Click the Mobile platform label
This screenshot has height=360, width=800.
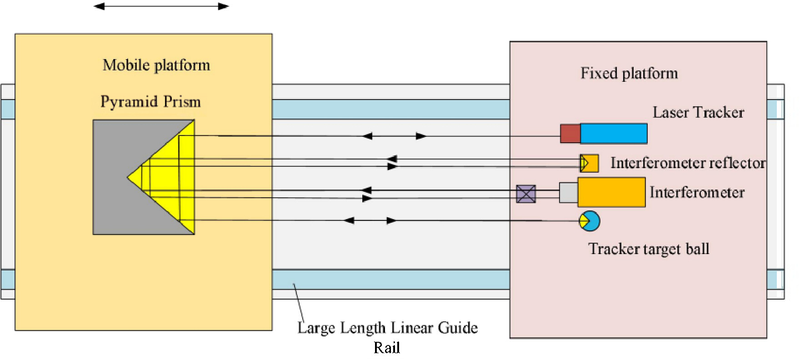pyautogui.click(x=156, y=65)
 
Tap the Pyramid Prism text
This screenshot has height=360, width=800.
pyautogui.click(x=150, y=101)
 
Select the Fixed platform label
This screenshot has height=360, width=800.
pyautogui.click(x=629, y=73)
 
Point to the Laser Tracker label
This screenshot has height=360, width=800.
pyautogui.click(x=698, y=112)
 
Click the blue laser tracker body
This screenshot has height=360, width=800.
pyautogui.click(x=614, y=134)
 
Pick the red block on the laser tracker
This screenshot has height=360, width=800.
pyautogui.click(x=570, y=134)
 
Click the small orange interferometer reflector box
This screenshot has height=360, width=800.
pyautogui.click(x=589, y=163)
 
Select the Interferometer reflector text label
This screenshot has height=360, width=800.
pyautogui.click(x=688, y=163)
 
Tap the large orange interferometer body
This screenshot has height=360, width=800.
pyautogui.click(x=611, y=192)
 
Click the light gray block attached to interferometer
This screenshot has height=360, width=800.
pyautogui.click(x=569, y=193)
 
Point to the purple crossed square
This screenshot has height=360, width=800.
pyautogui.click(x=526, y=194)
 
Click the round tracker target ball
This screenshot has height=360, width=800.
pyautogui.click(x=590, y=221)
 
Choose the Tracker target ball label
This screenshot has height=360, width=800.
pyautogui.click(x=649, y=249)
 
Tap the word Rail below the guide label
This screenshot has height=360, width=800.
pyautogui.click(x=387, y=348)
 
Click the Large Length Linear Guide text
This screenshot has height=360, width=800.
pyautogui.click(x=388, y=328)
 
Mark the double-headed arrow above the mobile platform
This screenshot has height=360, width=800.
pyautogui.click(x=161, y=6)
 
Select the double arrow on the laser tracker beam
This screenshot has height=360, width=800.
pyautogui.click(x=395, y=136)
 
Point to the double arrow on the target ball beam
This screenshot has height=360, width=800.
pyautogui.click(x=370, y=220)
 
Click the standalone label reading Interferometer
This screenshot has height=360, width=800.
pyautogui.click(x=697, y=192)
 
